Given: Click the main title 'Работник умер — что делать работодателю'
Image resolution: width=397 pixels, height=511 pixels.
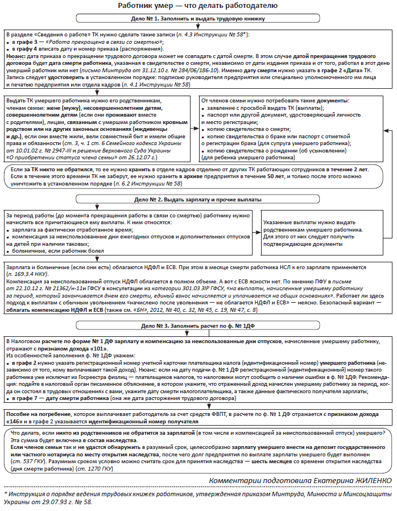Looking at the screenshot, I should click(x=198, y=6).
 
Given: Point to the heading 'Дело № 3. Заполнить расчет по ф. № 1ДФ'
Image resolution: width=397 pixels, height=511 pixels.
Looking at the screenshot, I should click(x=198, y=326).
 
